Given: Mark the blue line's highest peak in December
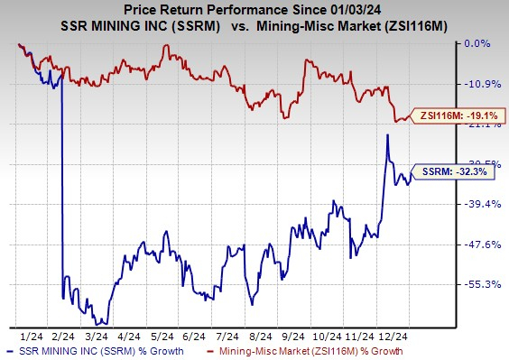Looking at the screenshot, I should (388, 134).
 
